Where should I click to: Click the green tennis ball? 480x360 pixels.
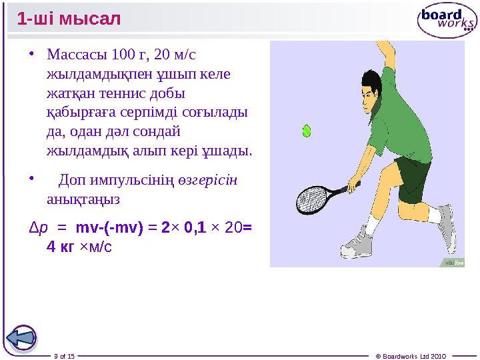(307, 131)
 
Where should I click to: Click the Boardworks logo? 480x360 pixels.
(447, 21)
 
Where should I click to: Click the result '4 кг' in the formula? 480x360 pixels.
(60, 247)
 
